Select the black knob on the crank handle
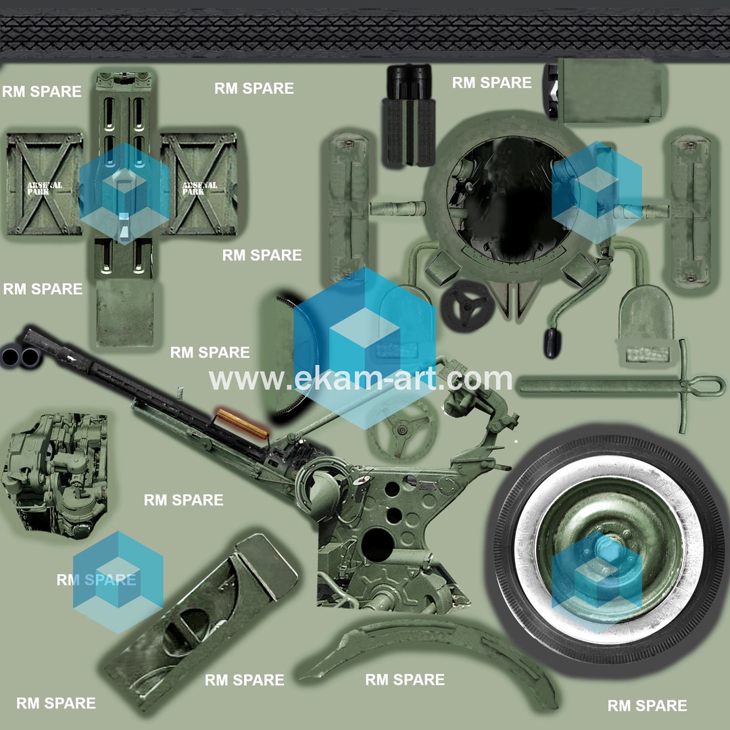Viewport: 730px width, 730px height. pos(552,343)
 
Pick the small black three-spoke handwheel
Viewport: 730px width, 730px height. pos(467,306)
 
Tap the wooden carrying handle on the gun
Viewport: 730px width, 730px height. pos(242,423)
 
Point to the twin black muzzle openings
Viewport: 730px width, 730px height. pos(20,357)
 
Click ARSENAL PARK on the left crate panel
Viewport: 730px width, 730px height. pos(44,188)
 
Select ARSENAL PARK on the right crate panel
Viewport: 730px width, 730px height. pos(199,188)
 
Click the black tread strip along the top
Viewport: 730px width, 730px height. pos(365,34)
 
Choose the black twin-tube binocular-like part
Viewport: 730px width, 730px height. pos(409,114)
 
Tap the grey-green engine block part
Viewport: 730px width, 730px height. pos(55,475)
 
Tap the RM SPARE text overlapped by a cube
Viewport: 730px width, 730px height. pos(97,580)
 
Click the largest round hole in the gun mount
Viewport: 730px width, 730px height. pos(378,544)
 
